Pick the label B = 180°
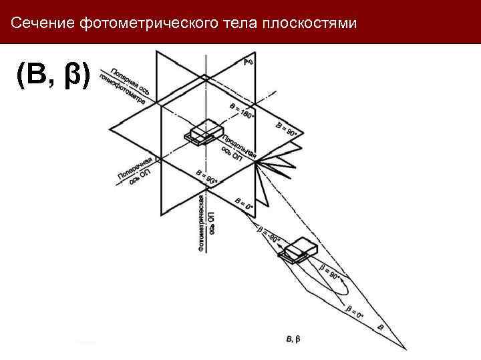click(x=242, y=111)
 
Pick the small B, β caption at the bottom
click(x=293, y=340)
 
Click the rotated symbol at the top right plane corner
click(x=248, y=63)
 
